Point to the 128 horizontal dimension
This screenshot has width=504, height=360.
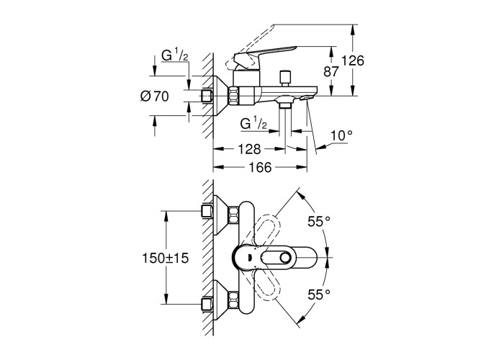tap(249, 149)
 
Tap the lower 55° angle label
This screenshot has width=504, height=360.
tap(318, 294)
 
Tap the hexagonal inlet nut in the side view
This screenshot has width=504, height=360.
tap(235, 94)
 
